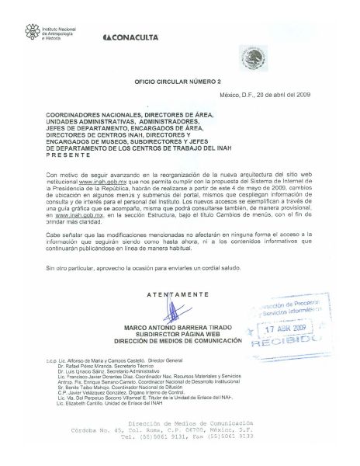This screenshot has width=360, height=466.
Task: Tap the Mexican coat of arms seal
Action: (x=254, y=57)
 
